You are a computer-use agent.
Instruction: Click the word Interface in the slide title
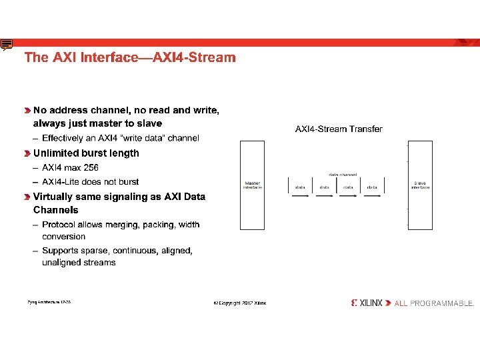point(112,57)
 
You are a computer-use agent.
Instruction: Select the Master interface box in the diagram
point(253,185)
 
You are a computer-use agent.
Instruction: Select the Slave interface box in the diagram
point(420,185)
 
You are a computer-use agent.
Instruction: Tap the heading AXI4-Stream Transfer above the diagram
point(339,129)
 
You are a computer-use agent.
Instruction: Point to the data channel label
point(343,175)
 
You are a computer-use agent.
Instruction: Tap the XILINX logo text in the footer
point(370,303)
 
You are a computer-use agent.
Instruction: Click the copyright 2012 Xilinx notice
point(239,303)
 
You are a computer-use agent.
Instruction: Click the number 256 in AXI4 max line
point(90,167)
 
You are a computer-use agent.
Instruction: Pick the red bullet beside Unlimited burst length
point(27,153)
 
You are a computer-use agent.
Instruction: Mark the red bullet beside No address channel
point(27,111)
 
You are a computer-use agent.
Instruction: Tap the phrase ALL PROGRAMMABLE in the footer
point(434,303)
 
